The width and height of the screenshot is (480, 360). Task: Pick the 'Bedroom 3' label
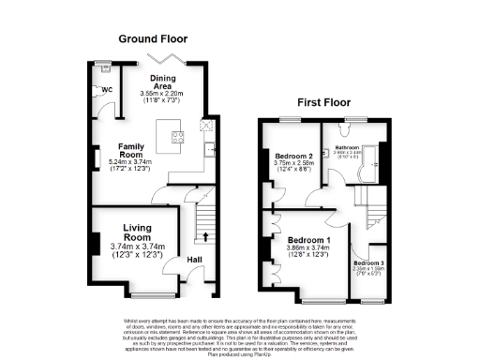point(368,263)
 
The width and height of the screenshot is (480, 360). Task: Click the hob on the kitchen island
point(178,140)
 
